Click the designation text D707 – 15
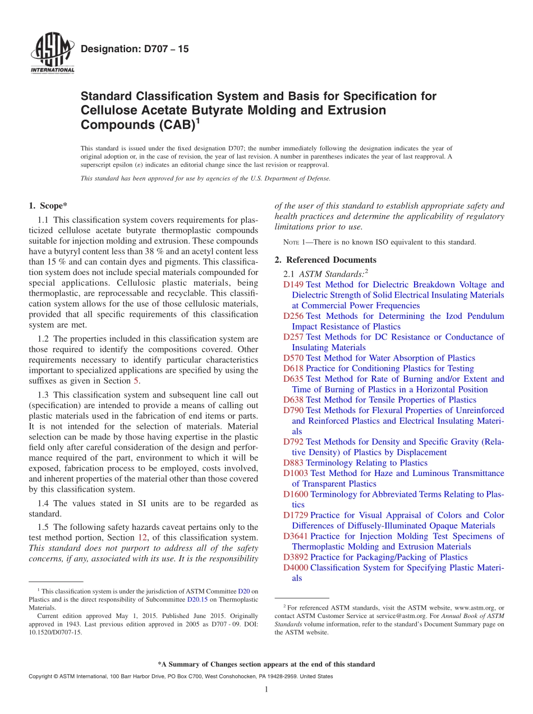[135, 49]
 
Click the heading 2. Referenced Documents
[325, 260]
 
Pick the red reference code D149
[293, 285]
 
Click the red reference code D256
[293, 316]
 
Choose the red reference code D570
[293, 358]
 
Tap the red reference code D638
[293, 400]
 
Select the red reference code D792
[293, 442]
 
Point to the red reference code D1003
[296, 473]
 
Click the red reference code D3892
[296, 557]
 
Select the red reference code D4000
[296, 567]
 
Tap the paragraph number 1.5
[43, 527]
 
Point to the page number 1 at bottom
[266, 690]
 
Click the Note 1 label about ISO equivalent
[294, 242]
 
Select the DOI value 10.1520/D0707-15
[55, 632]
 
